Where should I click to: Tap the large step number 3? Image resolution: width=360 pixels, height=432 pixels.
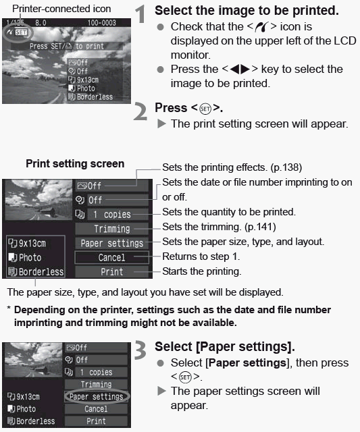tap(143, 351)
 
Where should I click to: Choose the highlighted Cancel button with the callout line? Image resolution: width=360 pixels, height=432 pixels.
tap(111, 257)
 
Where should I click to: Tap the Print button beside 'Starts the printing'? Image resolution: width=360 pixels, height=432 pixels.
tap(111, 271)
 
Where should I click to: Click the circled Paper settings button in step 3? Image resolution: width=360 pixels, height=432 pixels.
tap(96, 397)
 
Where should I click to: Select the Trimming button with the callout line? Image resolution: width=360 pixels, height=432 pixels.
tap(111, 229)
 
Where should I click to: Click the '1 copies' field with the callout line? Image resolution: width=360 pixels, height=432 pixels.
tap(112, 215)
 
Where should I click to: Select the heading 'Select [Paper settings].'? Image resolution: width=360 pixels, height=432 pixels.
tap(224, 346)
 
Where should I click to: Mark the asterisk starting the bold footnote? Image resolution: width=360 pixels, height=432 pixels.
tap(8, 310)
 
